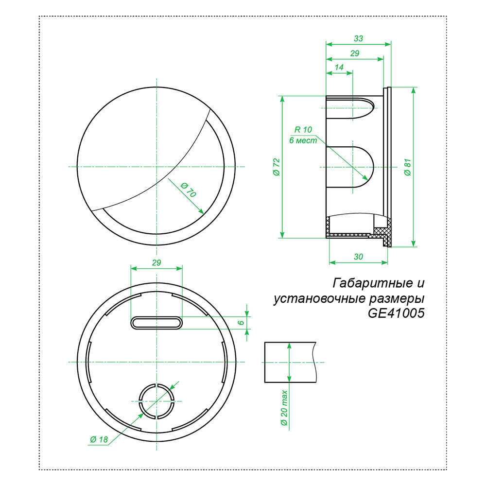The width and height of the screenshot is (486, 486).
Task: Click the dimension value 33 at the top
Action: point(359,38)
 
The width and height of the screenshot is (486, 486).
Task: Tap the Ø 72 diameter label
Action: point(276,167)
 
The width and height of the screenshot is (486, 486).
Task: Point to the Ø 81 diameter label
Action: point(407,167)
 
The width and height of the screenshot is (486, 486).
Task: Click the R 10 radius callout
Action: point(303,130)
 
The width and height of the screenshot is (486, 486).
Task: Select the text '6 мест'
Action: point(303,140)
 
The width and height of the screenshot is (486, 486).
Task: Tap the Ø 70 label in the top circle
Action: point(188,190)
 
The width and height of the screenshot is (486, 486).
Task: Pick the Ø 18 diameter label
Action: point(98,439)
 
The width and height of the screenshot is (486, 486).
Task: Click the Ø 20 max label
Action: point(284,408)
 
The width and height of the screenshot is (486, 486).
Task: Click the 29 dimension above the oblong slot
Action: point(156,262)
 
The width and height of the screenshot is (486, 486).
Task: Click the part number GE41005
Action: point(396,313)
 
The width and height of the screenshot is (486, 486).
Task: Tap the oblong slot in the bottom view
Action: point(156,323)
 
